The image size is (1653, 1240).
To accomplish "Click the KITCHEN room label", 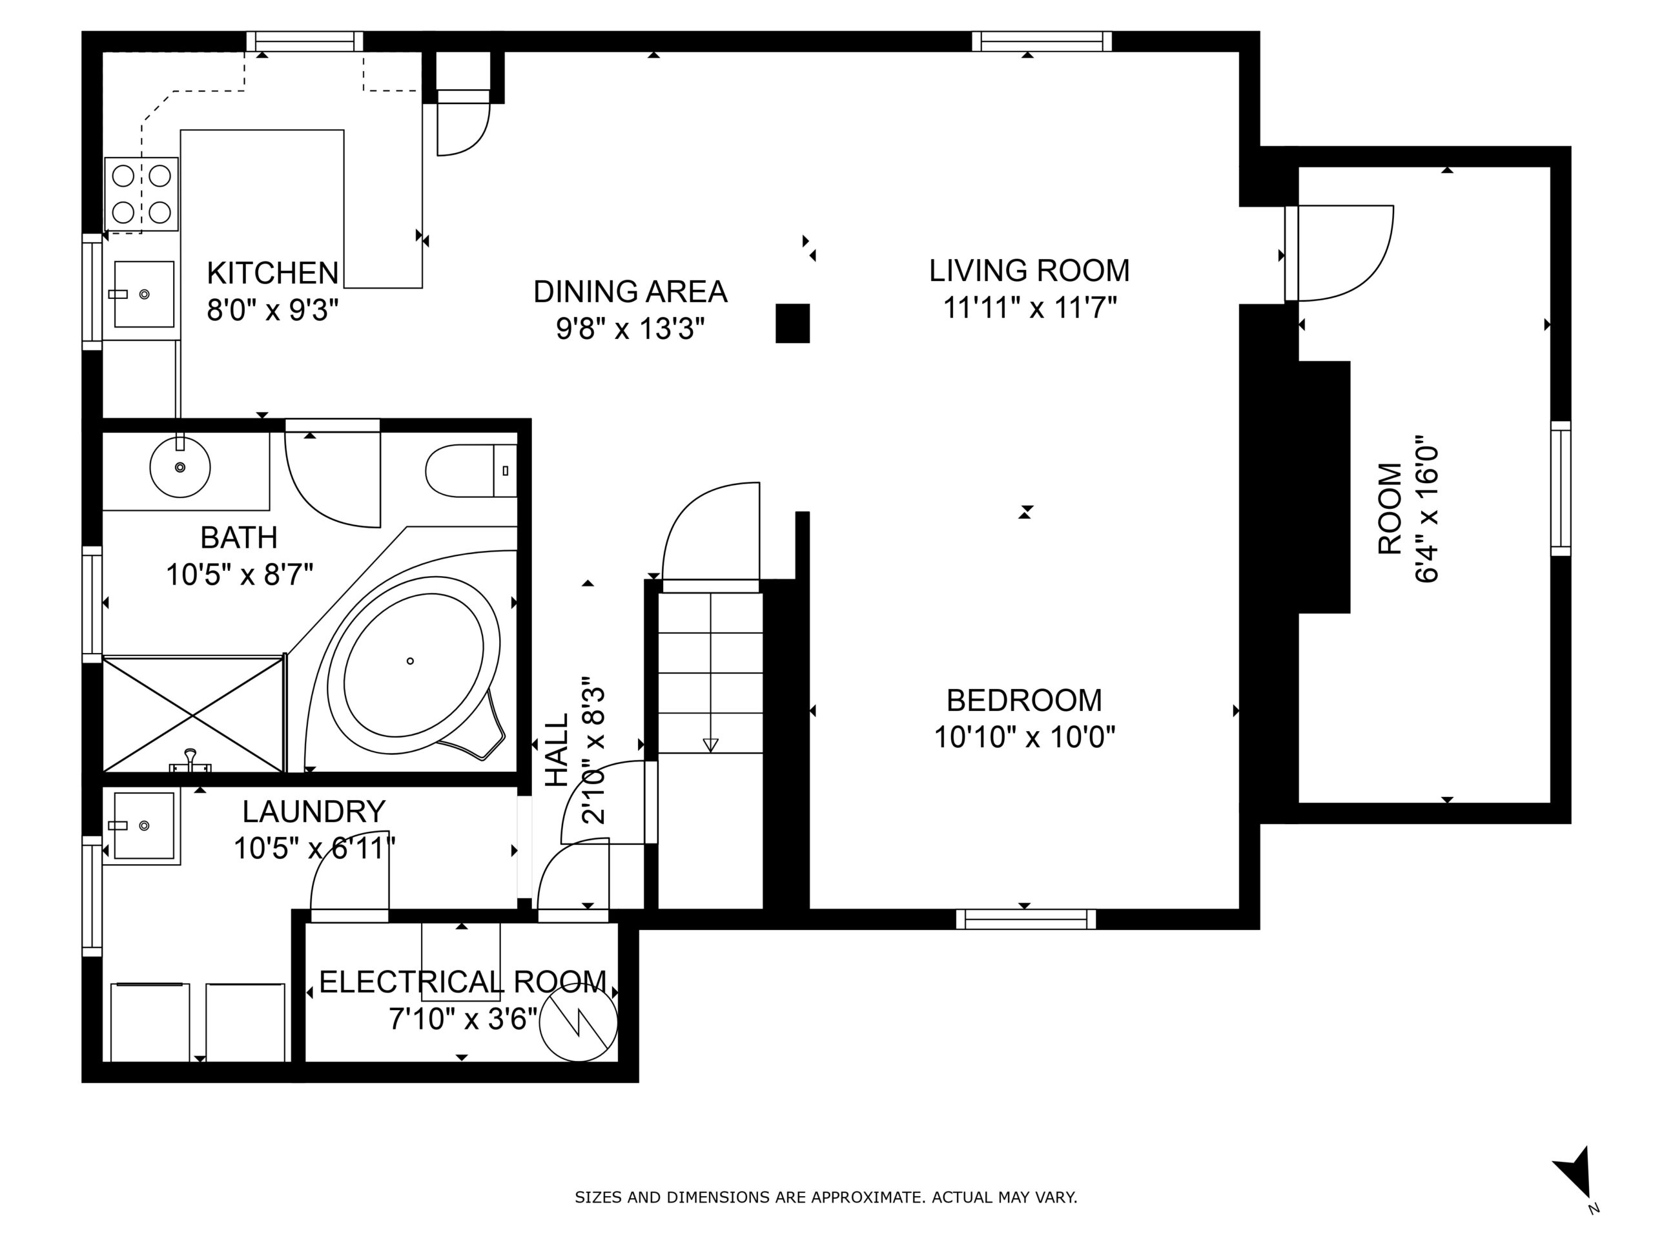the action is click(x=272, y=274).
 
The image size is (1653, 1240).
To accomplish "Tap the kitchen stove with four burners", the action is click(x=141, y=194).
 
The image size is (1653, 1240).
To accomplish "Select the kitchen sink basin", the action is click(x=143, y=294).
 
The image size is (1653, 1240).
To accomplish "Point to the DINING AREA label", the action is click(x=630, y=291).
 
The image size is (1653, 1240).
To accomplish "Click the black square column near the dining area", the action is click(x=793, y=324).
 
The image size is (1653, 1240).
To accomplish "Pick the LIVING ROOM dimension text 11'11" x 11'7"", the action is click(x=1030, y=308).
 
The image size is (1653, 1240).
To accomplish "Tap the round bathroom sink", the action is click(x=180, y=467).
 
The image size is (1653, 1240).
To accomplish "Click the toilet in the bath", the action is click(x=471, y=471).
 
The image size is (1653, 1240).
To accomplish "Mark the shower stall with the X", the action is click(x=194, y=714).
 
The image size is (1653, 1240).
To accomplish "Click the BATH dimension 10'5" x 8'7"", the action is click(x=239, y=575).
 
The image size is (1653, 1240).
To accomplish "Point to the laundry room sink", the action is click(x=143, y=825).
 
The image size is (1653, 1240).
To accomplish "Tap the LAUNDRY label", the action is click(x=314, y=812).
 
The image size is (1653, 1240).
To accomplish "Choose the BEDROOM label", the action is click(x=1025, y=700).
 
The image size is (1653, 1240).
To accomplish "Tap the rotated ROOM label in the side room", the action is click(x=1390, y=509).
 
